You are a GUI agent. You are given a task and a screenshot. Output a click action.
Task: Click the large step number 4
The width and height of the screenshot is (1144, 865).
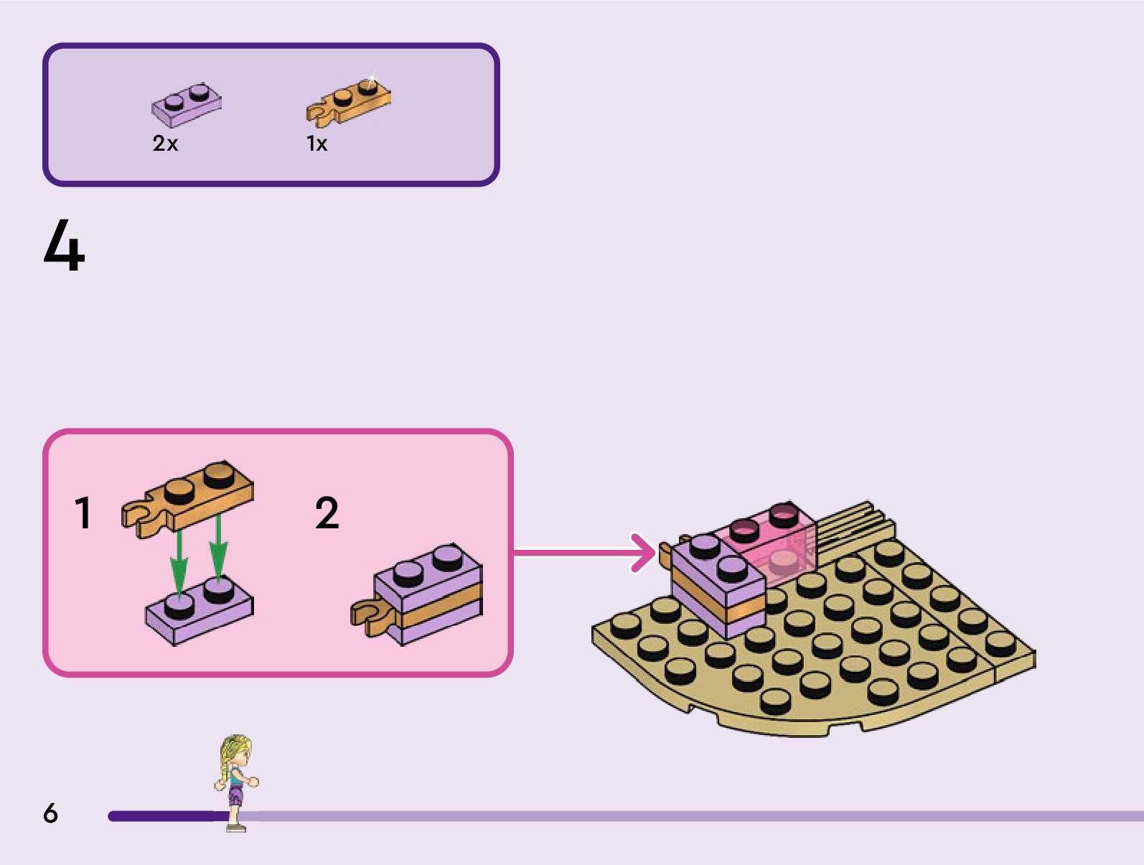[x=64, y=246]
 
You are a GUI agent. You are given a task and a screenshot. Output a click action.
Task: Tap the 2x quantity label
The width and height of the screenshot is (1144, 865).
[x=165, y=144]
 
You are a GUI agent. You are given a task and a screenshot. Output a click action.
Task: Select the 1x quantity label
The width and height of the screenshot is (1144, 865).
[x=317, y=144]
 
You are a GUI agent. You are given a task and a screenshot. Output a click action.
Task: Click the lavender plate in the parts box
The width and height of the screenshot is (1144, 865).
[x=187, y=105]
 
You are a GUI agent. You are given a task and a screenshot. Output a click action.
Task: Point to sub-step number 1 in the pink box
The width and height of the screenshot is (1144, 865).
[x=83, y=513]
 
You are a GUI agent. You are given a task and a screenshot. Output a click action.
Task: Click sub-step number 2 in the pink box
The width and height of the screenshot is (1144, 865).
[x=327, y=513]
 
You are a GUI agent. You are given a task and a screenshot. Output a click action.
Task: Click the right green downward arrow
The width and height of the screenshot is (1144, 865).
[x=218, y=549]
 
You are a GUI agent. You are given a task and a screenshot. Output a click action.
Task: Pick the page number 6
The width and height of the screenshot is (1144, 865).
[x=50, y=813]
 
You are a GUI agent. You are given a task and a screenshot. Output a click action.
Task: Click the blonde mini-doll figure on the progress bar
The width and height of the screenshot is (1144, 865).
[x=236, y=782]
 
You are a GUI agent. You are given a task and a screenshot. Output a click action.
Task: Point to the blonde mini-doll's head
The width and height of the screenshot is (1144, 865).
[x=236, y=750]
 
